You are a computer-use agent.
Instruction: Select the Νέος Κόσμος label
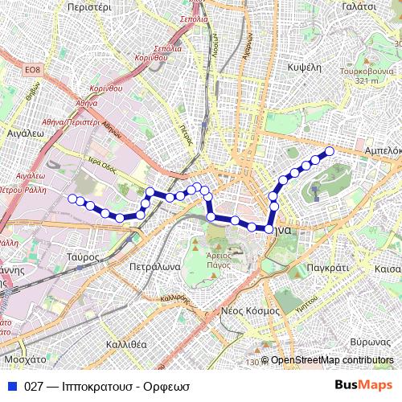[248, 310]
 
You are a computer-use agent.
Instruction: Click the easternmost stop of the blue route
[329, 151]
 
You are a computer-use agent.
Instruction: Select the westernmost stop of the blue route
[72, 198]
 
